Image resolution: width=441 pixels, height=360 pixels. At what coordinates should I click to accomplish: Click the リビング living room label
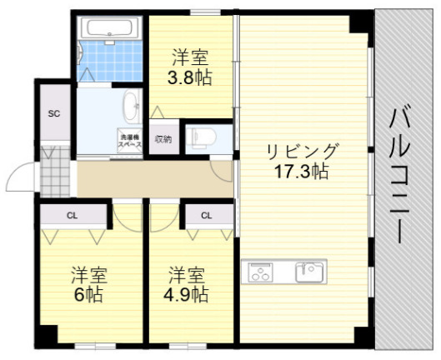(303, 152)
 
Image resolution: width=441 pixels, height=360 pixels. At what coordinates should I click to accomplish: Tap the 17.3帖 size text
(303, 172)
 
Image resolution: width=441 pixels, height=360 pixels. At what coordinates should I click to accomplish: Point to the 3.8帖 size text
(190, 77)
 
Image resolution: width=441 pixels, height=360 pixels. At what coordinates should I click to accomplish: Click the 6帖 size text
(87, 295)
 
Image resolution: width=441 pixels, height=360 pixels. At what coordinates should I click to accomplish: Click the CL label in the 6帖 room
(73, 215)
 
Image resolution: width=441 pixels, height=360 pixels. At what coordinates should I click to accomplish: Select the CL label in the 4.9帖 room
(205, 215)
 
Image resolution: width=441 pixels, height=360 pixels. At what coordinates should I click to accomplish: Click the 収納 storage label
(163, 139)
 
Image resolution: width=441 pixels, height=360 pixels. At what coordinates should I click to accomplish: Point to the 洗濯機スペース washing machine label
(129, 140)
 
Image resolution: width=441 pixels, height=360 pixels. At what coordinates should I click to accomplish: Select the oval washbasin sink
(131, 107)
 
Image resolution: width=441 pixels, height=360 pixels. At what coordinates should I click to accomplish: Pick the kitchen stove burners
(259, 271)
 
